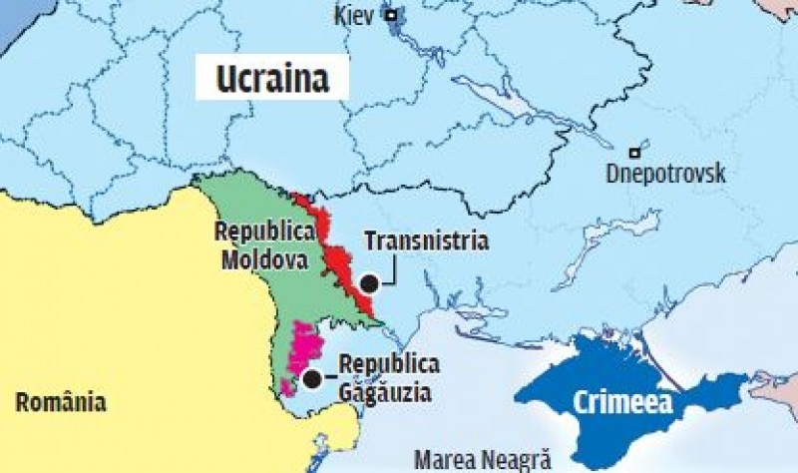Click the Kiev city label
357,17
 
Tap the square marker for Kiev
394,15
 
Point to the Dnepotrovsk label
666,173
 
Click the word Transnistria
426,241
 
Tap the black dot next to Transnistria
369,282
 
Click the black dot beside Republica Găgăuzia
313,378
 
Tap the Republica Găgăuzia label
387,378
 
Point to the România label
61,402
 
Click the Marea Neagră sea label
483,459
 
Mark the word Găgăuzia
385,392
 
